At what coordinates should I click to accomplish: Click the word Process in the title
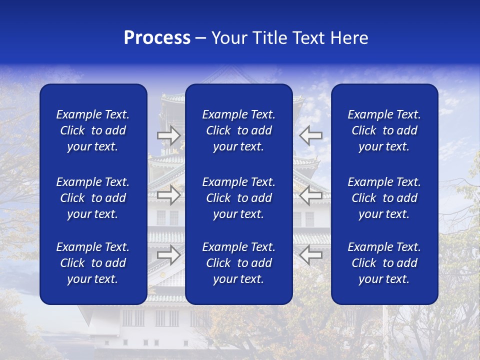pyautogui.click(x=157, y=38)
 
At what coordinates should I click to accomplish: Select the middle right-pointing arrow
pyautogui.click(x=169, y=195)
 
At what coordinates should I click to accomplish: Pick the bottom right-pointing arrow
pyautogui.click(x=169, y=255)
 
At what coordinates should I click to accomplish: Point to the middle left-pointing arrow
pyautogui.click(x=310, y=195)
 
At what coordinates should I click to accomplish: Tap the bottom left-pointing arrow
pyautogui.click(x=310, y=255)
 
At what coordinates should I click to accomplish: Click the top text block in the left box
pyautogui.click(x=93, y=130)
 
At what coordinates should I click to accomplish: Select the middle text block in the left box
pyautogui.click(x=93, y=198)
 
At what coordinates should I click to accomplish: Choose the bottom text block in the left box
pyautogui.click(x=93, y=263)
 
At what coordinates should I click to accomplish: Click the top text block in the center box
pyautogui.click(x=238, y=130)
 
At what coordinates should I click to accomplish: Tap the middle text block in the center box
pyautogui.click(x=238, y=198)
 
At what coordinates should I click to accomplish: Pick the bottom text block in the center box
pyautogui.click(x=238, y=263)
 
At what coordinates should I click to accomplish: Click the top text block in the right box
pyautogui.click(x=384, y=130)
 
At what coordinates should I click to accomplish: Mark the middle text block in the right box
pyautogui.click(x=384, y=198)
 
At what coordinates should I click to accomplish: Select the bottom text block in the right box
pyautogui.click(x=384, y=263)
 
